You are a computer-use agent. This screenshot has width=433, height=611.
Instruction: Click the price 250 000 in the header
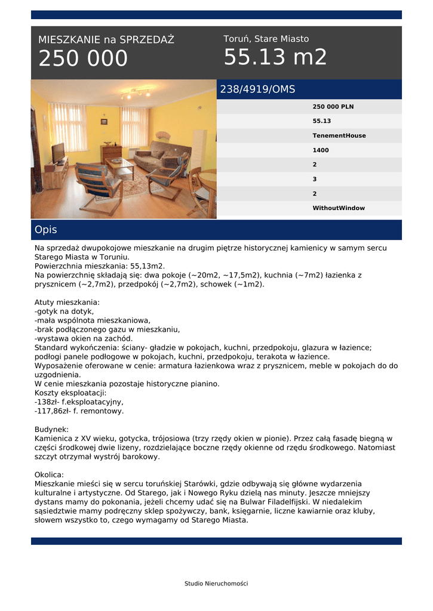[83, 59]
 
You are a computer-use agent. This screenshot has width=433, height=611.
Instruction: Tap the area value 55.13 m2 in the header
[275, 58]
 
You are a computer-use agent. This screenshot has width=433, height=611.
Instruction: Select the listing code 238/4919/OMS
[258, 90]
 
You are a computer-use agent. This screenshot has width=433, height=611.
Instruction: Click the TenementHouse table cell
[339, 136]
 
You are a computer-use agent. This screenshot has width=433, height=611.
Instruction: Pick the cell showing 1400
[321, 150]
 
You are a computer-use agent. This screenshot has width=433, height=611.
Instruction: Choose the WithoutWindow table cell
[339, 208]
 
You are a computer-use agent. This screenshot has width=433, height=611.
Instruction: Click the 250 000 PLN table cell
[333, 107]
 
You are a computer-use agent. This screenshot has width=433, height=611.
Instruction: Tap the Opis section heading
[46, 230]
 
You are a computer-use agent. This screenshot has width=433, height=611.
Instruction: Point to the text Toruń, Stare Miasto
[266, 39]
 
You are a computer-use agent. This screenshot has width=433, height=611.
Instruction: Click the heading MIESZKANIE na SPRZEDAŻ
[106, 40]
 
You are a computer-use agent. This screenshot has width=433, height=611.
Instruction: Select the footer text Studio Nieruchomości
[216, 584]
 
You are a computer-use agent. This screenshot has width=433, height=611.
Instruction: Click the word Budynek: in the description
[51, 429]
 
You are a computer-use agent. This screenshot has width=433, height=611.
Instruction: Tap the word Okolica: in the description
[49, 474]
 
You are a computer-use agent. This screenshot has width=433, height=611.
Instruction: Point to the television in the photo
[58, 153]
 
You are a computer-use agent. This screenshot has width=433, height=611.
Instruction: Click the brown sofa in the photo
[160, 156]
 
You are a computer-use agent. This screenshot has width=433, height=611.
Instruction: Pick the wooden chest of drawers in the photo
[111, 154]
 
